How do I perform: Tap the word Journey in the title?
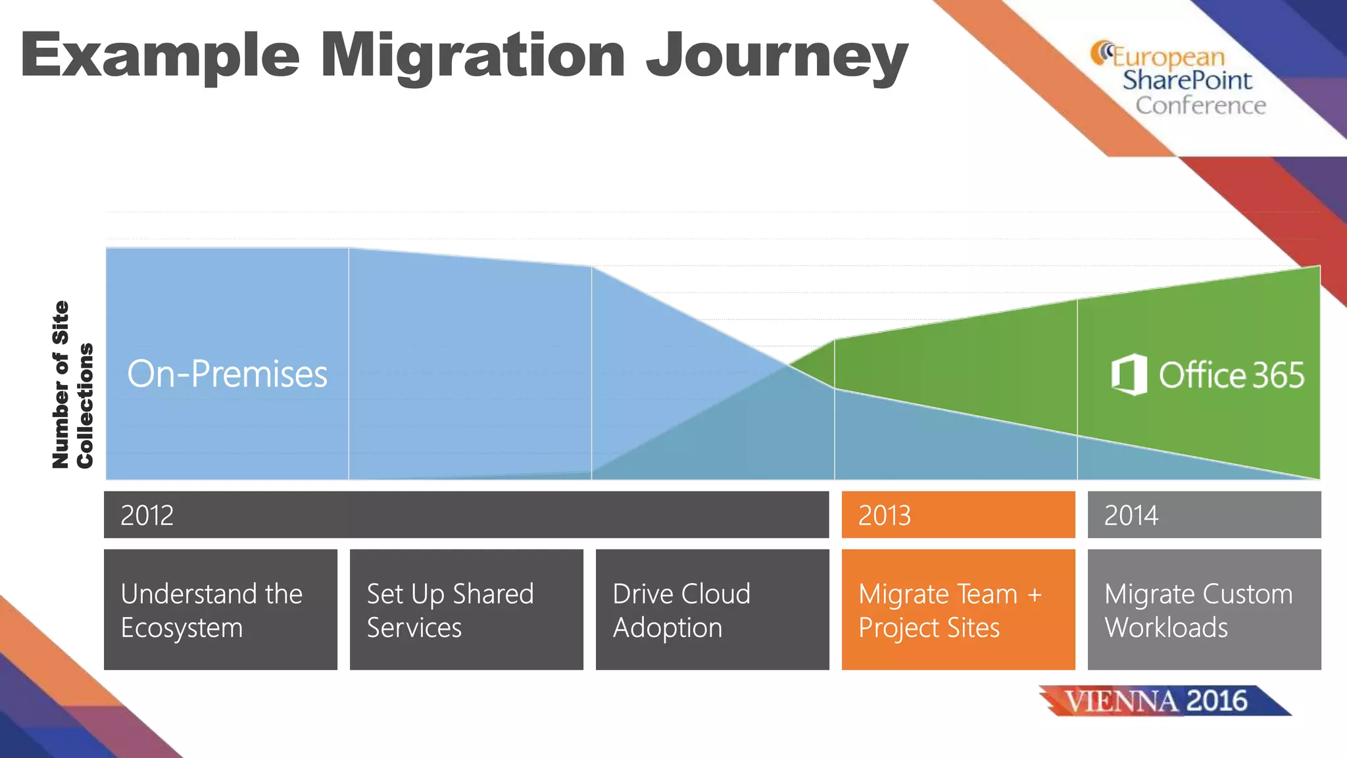776,57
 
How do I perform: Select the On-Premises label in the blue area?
227,374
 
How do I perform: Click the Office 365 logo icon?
1129,374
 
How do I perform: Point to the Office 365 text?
1231,375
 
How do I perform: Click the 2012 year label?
147,515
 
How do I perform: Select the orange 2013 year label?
885,515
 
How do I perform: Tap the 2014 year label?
1131,515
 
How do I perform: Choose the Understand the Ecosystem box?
220,609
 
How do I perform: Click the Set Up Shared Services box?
466,609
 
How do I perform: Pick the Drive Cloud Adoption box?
712,609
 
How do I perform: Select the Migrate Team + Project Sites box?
958,609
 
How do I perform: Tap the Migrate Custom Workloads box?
1204,609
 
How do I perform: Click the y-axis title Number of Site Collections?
72,385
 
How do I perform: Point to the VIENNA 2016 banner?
1164,701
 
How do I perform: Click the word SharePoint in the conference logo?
1187,80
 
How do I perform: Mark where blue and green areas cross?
789,364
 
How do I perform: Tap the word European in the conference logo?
1168,57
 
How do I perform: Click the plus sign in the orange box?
1035,595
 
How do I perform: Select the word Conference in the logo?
1200,105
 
